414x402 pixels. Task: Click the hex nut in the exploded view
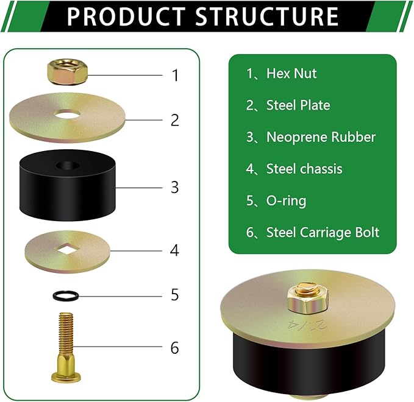[x=67, y=72]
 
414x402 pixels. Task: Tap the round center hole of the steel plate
[x=67, y=115]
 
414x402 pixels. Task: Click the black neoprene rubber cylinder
[x=67, y=185]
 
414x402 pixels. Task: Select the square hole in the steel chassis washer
[x=67, y=250]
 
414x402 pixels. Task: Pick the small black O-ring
[x=66, y=295]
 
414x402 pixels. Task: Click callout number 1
[x=176, y=75]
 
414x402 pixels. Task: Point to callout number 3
[x=175, y=188]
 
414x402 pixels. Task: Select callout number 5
[x=175, y=295]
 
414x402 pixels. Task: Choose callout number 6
[x=175, y=348]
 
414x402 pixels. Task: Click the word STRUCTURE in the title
[x=266, y=16]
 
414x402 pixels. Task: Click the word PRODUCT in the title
[x=126, y=16]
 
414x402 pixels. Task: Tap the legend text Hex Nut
[x=291, y=73]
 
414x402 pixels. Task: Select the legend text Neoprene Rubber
[x=321, y=137]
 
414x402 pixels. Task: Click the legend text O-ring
[x=286, y=201]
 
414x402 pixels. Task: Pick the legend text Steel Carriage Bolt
[x=323, y=233]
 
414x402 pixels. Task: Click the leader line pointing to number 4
[x=136, y=250]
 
